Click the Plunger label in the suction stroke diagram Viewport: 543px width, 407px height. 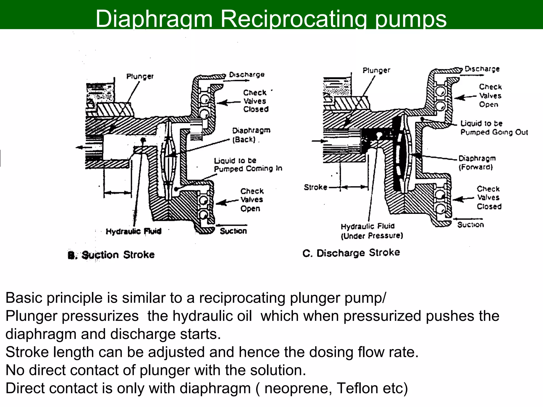[140, 76]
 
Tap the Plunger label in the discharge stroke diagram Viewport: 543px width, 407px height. [376, 70]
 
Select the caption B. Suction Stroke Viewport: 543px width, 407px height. [111, 255]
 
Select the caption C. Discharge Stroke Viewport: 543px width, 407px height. [351, 253]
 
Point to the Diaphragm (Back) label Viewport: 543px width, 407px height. [251, 135]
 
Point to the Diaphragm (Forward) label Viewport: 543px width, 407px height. [477, 162]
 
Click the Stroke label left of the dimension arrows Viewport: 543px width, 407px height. [315, 187]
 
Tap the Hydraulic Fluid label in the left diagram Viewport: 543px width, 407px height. [133, 231]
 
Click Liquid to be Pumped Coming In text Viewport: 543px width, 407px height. [248, 165]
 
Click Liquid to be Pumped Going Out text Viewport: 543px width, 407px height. [494, 128]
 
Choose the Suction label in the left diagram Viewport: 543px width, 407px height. [233, 231]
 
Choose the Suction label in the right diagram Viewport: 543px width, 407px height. [470, 225]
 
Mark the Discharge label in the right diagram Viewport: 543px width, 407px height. [482, 69]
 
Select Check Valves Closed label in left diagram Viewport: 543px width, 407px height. [256, 101]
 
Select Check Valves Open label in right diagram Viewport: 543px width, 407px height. [490, 95]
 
